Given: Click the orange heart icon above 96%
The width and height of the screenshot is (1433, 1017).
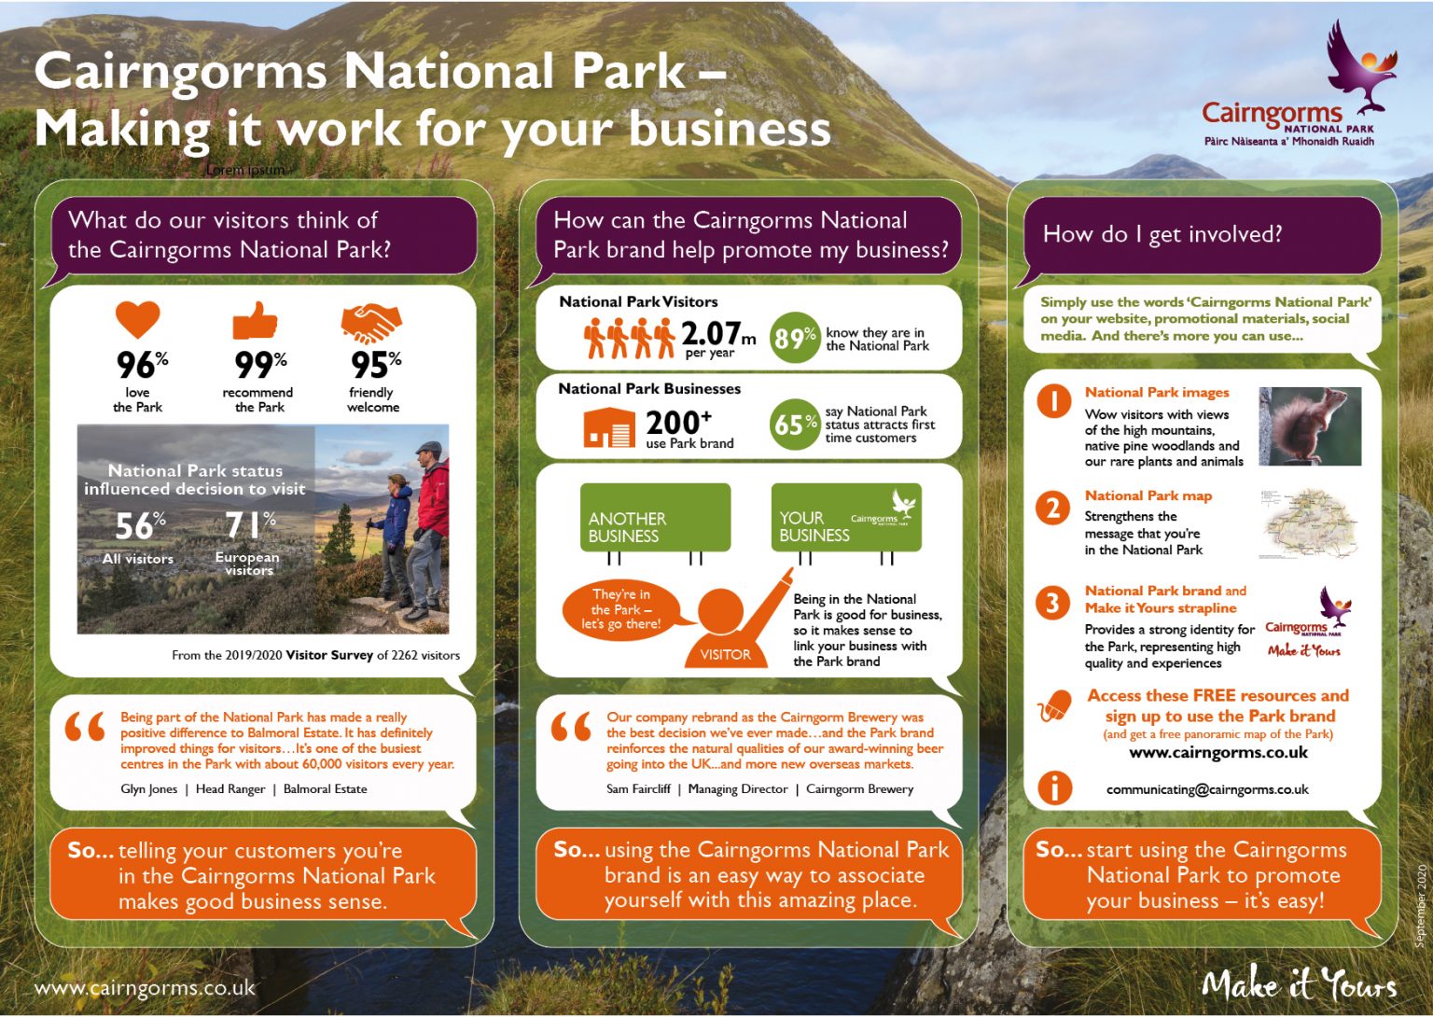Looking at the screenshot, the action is (x=137, y=318).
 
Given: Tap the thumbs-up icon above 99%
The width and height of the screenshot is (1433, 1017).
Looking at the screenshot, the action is (x=255, y=320).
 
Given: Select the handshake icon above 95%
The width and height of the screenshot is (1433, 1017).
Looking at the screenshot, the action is (x=371, y=323).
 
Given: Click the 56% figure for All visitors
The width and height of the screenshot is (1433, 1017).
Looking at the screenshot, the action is (x=140, y=526).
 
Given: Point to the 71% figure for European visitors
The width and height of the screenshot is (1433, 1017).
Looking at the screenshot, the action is (x=251, y=525).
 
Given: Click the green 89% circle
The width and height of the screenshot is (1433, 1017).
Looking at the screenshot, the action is (x=795, y=338).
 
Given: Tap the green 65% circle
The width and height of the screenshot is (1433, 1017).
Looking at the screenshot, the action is (x=795, y=425).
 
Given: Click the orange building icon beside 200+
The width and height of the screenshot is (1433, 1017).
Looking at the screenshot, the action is (x=609, y=426).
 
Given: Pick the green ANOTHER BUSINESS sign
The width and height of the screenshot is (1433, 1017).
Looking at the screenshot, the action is (x=655, y=518).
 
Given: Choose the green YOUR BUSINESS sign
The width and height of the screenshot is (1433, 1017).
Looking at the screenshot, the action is (x=846, y=518).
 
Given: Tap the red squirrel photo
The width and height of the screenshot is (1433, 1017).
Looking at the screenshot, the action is (x=1310, y=426).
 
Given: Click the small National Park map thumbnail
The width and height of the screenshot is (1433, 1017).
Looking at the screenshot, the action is (x=1309, y=523).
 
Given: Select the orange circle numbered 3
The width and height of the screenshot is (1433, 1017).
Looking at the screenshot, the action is (x=1052, y=603).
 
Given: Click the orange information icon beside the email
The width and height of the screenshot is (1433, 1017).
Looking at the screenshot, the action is (x=1054, y=787).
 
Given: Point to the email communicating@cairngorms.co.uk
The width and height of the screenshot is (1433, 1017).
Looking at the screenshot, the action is (x=1207, y=789).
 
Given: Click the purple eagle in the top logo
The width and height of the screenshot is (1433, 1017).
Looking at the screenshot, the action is (x=1358, y=64).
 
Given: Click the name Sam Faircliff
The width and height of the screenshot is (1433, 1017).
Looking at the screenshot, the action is (x=638, y=788).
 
